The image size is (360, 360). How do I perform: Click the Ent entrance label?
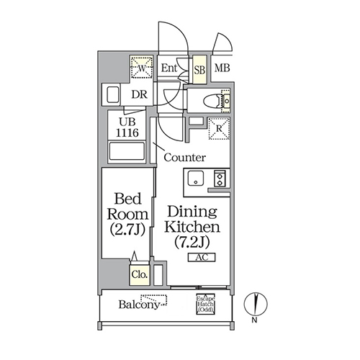click(x=169, y=68)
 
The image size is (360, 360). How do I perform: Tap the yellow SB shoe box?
click(x=199, y=70)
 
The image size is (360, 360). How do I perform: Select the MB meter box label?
click(x=222, y=68)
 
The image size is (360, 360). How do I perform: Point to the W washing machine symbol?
click(x=142, y=68)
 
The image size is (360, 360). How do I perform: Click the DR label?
click(x=139, y=95)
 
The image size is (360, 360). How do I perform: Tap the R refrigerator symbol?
click(x=219, y=128)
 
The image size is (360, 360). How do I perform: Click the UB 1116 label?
click(x=127, y=127)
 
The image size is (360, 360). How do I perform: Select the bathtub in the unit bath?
click(x=127, y=151)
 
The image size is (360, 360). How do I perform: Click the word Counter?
click(x=185, y=158)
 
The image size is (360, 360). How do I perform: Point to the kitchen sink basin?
click(x=196, y=179)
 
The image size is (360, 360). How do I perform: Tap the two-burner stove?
click(x=220, y=179)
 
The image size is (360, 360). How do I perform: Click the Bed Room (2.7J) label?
click(x=127, y=214)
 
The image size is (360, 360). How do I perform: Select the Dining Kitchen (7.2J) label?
click(x=192, y=226)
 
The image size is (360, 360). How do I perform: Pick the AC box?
click(x=202, y=257)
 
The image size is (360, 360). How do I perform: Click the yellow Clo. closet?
click(x=140, y=275)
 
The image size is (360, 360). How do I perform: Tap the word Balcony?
click(x=139, y=305)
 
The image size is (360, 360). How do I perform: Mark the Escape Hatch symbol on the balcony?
click(x=206, y=305)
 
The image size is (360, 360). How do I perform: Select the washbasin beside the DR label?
click(x=112, y=95)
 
